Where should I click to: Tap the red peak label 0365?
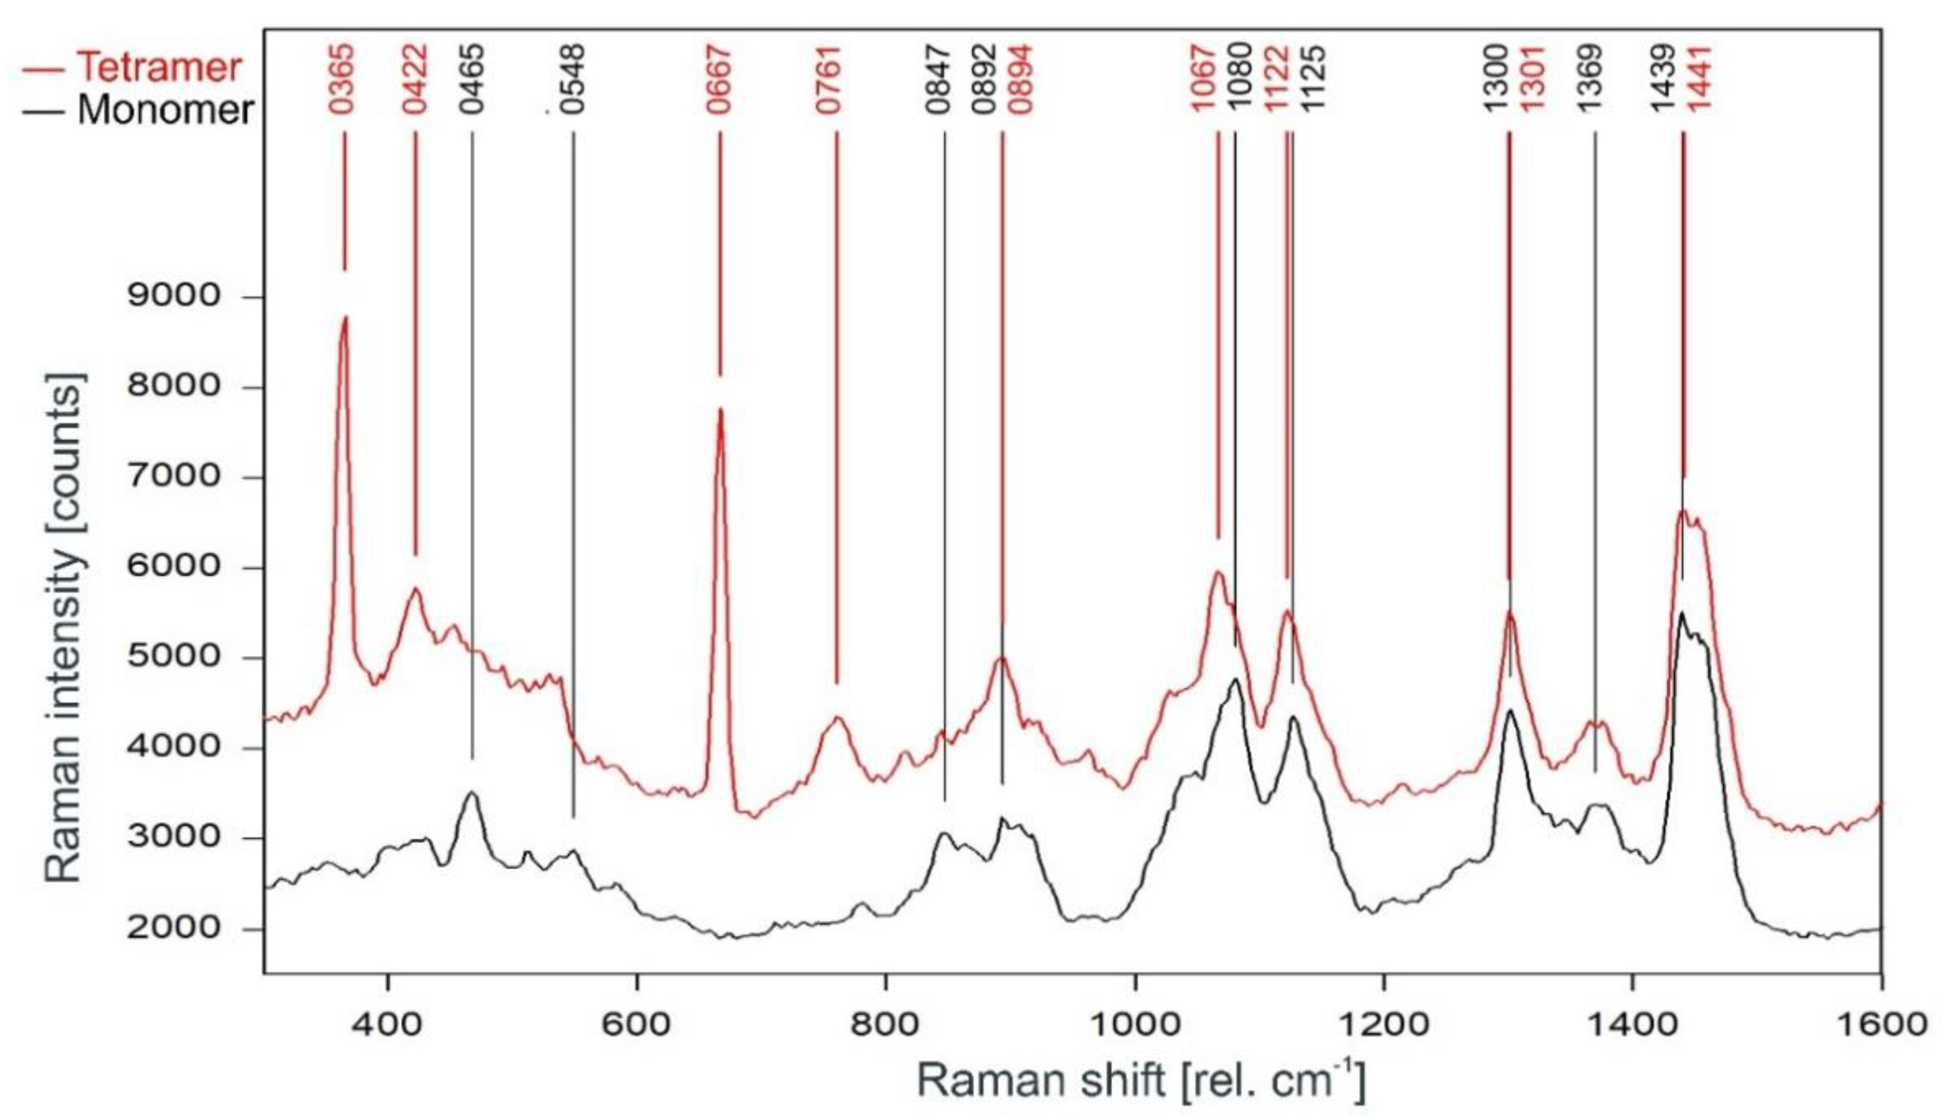[x=343, y=79]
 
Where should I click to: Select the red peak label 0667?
[x=719, y=79]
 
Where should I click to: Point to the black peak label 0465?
[x=472, y=79]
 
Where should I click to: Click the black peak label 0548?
[x=573, y=79]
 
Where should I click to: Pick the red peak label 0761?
[x=829, y=79]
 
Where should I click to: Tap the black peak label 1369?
[x=1590, y=79]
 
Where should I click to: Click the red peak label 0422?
[x=415, y=79]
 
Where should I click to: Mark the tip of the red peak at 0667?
[x=720, y=409]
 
